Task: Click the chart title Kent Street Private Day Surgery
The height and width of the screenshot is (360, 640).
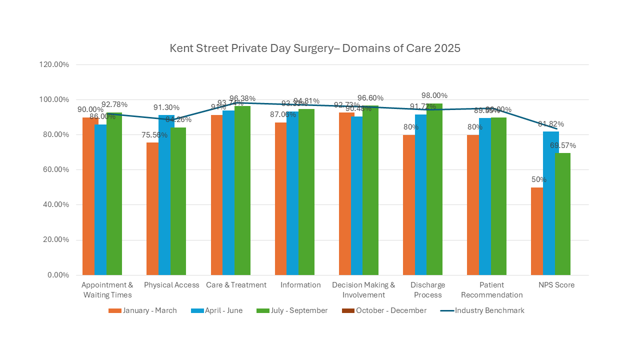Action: click(315, 48)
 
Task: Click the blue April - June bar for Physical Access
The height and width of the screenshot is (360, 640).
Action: click(164, 195)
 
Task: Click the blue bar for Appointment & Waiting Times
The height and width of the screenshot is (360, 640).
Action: click(100, 199)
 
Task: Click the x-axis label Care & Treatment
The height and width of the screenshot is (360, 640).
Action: click(236, 285)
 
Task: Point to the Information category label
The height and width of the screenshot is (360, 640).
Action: click(300, 285)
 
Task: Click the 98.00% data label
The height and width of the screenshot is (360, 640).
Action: click(435, 95)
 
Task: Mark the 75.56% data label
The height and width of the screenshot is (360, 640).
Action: click(152, 135)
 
